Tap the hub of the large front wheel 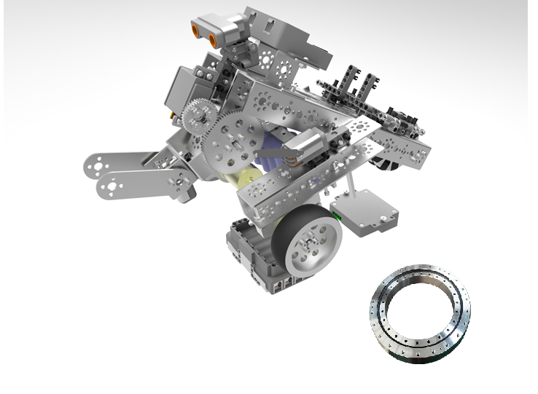313,244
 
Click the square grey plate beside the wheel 366,212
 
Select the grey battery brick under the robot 252,251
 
